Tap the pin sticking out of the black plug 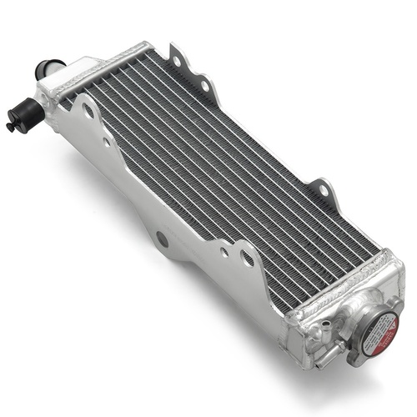(x=10, y=127)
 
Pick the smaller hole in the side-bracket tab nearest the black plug (x=107, y=142)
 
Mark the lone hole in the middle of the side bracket (x=161, y=239)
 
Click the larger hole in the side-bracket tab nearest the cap (x=249, y=259)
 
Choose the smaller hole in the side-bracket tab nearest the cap (x=223, y=251)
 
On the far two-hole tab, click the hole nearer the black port (x=178, y=57)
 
